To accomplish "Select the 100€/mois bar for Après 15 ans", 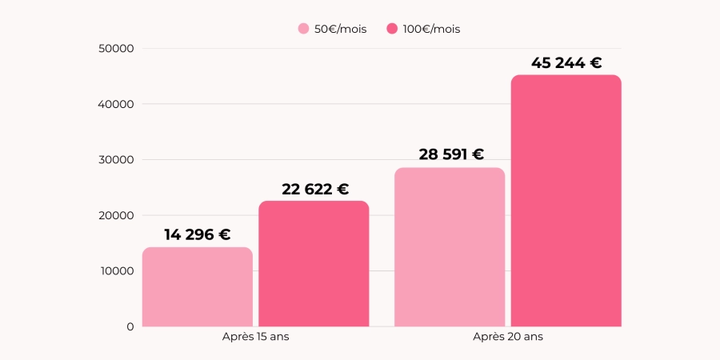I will [314, 263].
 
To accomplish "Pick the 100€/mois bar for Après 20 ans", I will [566, 200].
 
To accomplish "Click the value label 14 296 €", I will [198, 234].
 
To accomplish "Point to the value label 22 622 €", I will [315, 189].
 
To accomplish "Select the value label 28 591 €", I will [451, 154].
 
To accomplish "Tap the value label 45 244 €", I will [566, 62].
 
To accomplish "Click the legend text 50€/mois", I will [340, 29].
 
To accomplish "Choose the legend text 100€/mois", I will [431, 29].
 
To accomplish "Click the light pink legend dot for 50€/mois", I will [303, 29].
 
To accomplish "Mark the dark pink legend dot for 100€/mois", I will [392, 29].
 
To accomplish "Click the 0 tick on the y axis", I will [130, 326].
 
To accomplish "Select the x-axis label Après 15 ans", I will [255, 337].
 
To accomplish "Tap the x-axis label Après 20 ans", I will [507, 337].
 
